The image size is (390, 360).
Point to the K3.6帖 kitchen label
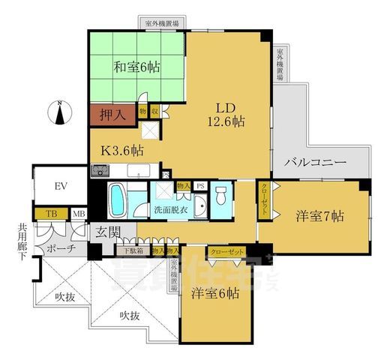pos(122,150)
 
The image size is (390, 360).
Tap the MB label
pos(77,213)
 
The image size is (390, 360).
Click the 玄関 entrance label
pos(105,231)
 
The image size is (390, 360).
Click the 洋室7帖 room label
pos(319,216)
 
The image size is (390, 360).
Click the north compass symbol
pos(58,114)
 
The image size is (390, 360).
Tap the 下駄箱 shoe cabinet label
pos(134,250)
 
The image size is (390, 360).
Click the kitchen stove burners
pos(100,170)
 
